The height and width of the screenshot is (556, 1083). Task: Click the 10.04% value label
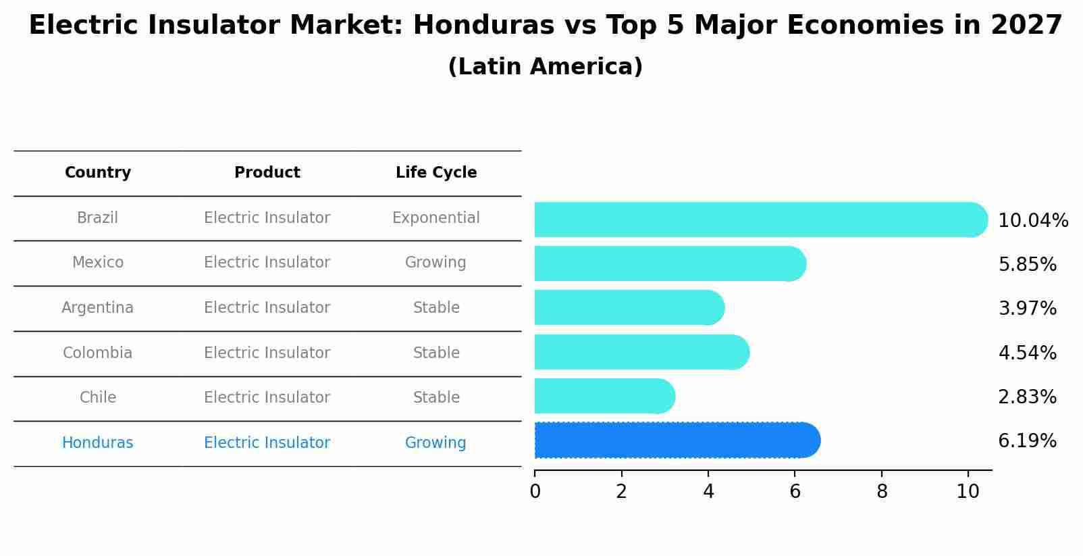pyautogui.click(x=1032, y=221)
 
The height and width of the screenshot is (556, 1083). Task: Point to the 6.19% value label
pyautogui.click(x=1027, y=441)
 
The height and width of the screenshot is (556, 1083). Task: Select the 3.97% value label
pyautogui.click(x=1027, y=309)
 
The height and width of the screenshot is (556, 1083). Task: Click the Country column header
pyautogui.click(x=98, y=173)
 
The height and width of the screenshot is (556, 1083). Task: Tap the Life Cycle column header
pyautogui.click(x=436, y=173)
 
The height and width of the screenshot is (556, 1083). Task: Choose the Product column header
pyautogui.click(x=267, y=173)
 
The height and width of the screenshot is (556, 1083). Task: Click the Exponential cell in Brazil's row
pyautogui.click(x=436, y=218)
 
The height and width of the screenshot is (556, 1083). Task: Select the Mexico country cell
pyautogui.click(x=98, y=263)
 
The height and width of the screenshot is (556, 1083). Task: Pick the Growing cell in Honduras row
pyautogui.click(x=435, y=443)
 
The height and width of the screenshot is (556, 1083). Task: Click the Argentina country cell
pyautogui.click(x=98, y=308)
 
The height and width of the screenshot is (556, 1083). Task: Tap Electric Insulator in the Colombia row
pyautogui.click(x=267, y=353)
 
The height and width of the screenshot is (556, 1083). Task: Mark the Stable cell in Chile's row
pyautogui.click(x=436, y=398)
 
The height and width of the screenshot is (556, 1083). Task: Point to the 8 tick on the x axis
pyautogui.click(x=882, y=492)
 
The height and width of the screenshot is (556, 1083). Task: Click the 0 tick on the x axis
pyautogui.click(x=535, y=492)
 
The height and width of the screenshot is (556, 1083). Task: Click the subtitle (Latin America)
pyautogui.click(x=545, y=67)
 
